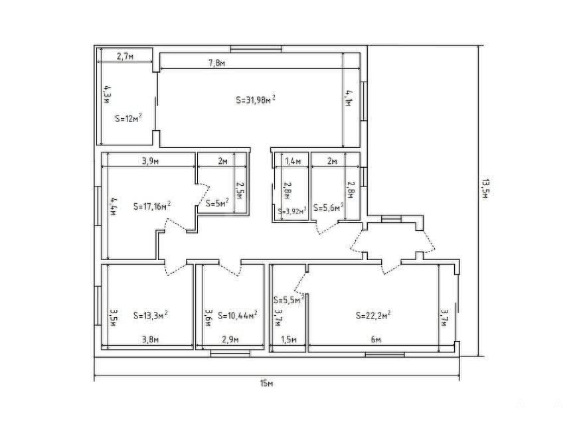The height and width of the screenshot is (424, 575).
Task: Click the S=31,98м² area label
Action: (x=256, y=100)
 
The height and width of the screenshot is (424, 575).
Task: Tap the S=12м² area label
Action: (x=128, y=118)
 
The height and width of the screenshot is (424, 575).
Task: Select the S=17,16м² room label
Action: (x=152, y=206)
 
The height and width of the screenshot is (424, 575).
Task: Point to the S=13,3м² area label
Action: (x=151, y=315)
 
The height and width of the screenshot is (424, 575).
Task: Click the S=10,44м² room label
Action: (x=237, y=315)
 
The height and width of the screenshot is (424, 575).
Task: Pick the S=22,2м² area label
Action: (x=373, y=315)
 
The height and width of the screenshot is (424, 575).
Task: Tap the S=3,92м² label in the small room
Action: (x=292, y=211)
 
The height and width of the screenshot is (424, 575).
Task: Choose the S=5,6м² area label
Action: (x=329, y=208)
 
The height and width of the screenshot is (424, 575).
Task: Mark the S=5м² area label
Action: (x=218, y=203)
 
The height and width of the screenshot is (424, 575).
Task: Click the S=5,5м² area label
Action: (x=289, y=300)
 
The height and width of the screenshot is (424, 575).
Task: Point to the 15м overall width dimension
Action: (x=267, y=384)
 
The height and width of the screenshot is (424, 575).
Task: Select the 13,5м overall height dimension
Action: (x=485, y=188)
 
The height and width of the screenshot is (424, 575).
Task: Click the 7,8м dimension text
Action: (x=216, y=63)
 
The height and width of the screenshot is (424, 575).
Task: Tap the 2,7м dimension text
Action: (x=125, y=56)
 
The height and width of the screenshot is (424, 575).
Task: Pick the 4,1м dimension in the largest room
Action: (x=348, y=98)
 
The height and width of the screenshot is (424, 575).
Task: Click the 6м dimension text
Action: (x=376, y=340)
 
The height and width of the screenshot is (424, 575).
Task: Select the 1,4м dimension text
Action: (x=293, y=161)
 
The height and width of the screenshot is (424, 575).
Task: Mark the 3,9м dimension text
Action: (x=150, y=161)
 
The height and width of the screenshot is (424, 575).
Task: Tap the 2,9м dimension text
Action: (x=230, y=340)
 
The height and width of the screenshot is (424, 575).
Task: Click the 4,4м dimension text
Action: (x=114, y=206)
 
